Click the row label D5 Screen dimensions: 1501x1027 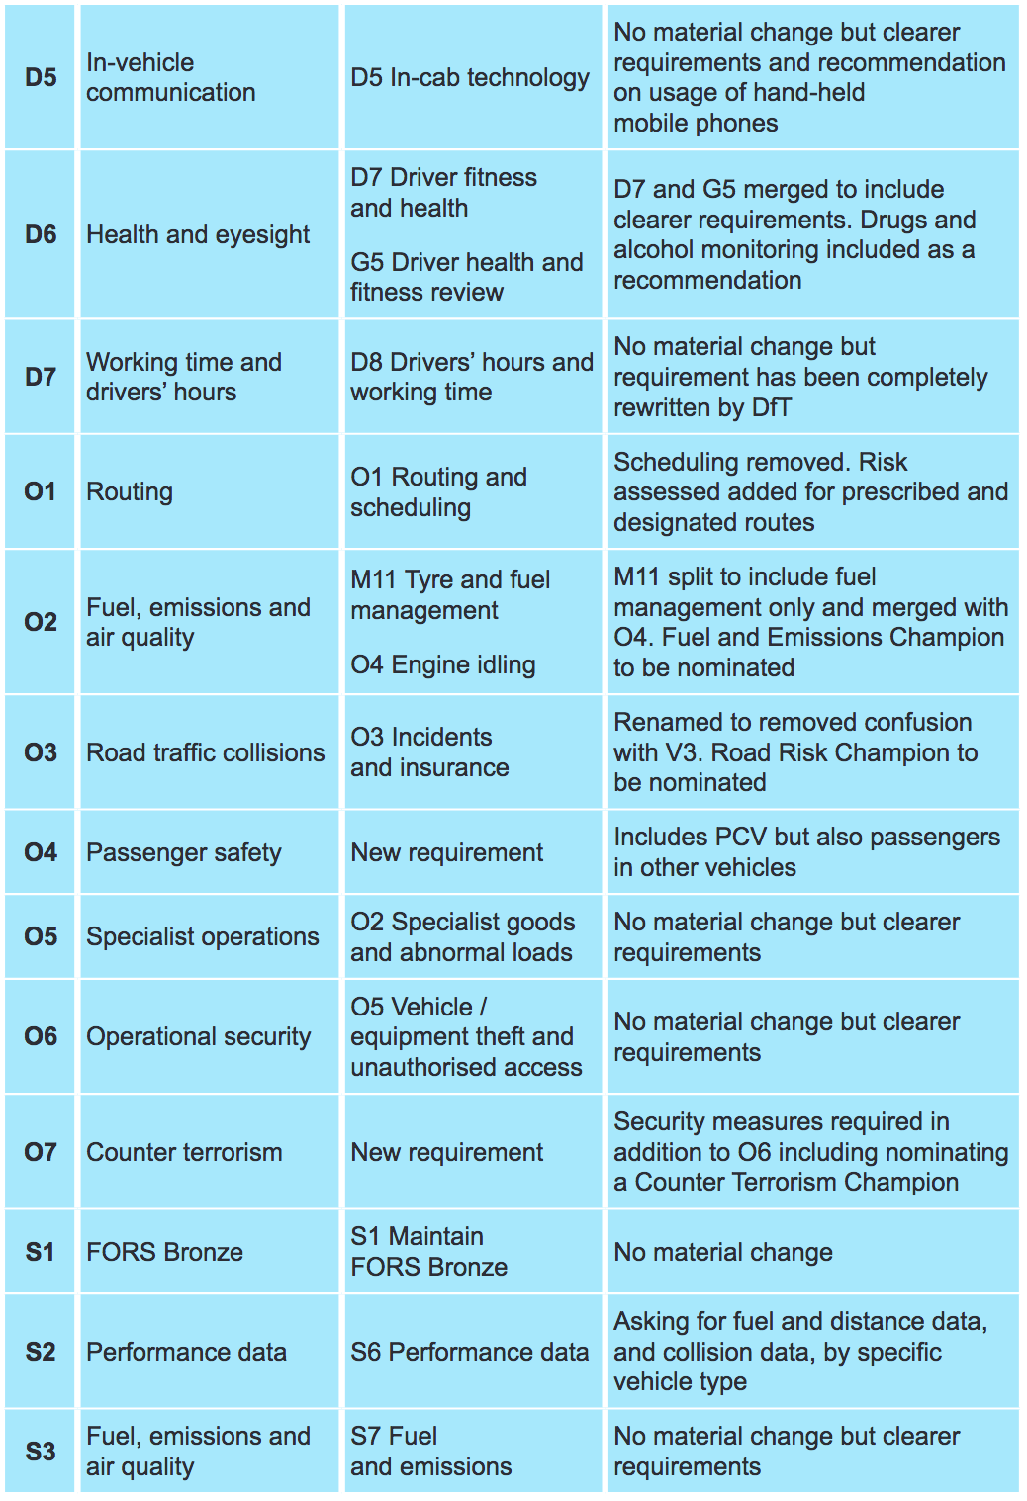[x=41, y=77]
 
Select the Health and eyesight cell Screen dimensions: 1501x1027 [x=198, y=234]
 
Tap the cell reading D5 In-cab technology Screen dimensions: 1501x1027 [x=470, y=77]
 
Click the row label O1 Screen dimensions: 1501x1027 [x=41, y=491]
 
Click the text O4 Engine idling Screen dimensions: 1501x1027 [x=442, y=664]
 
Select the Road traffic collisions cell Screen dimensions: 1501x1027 [x=205, y=752]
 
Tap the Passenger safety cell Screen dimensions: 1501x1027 [x=184, y=852]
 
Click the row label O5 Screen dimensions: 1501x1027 [x=41, y=936]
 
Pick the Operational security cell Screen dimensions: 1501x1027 [x=198, y=1036]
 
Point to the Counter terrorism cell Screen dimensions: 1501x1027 [x=184, y=1152]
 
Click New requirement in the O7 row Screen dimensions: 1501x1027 [x=446, y=1152]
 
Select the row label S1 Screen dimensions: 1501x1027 [x=41, y=1252]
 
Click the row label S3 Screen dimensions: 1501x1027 [x=41, y=1452]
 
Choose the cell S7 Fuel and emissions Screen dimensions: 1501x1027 [x=430, y=1452]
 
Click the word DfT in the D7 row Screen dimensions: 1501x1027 [x=771, y=407]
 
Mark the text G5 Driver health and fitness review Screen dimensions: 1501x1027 [x=466, y=277]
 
